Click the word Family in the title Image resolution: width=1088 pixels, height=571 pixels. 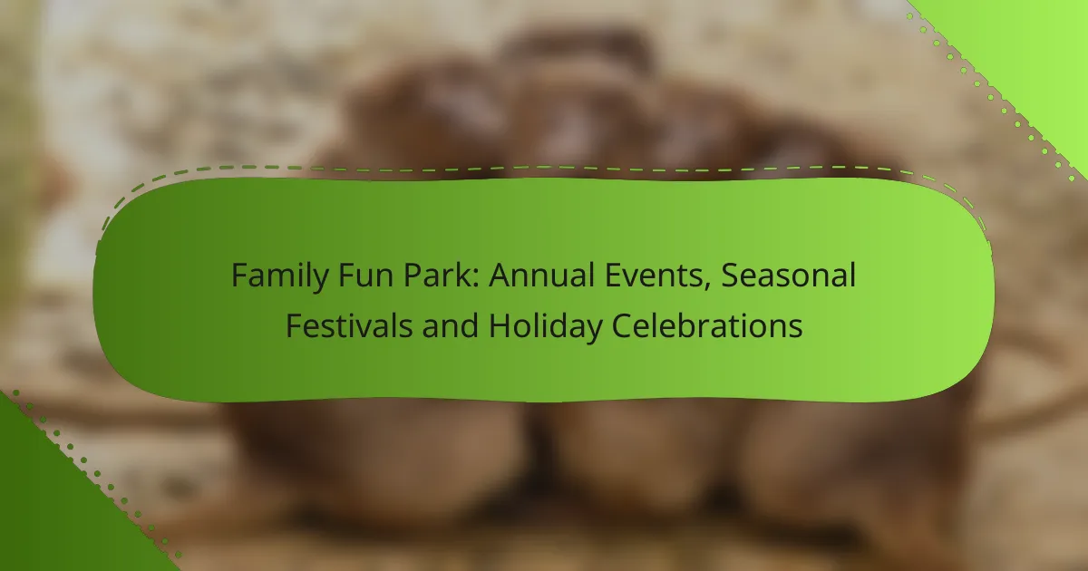pos(280,276)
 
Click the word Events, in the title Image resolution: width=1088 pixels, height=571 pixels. pos(658,276)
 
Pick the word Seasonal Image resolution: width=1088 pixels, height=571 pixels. pos(788,276)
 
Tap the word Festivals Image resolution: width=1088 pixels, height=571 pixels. pos(349,325)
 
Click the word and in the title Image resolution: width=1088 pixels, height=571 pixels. pos(450,325)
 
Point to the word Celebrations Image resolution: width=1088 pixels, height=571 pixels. pos(706,325)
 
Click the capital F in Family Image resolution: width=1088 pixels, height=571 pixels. pos(239,276)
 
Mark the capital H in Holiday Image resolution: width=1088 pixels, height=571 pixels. pos(500,325)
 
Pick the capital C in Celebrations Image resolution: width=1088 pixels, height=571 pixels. pos(622,325)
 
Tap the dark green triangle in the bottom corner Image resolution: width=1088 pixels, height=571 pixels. pos(53,515)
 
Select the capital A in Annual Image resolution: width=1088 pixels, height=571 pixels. pos(500,276)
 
